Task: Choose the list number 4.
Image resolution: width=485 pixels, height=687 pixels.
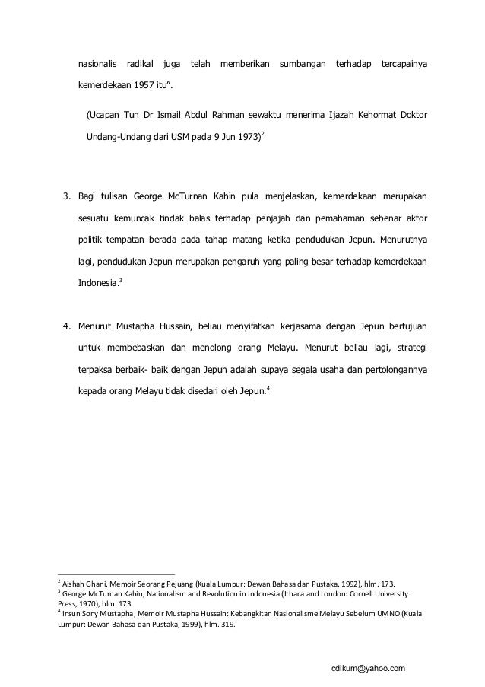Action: [x=66, y=327]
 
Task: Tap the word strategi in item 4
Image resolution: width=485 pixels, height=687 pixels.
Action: [x=409, y=349]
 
